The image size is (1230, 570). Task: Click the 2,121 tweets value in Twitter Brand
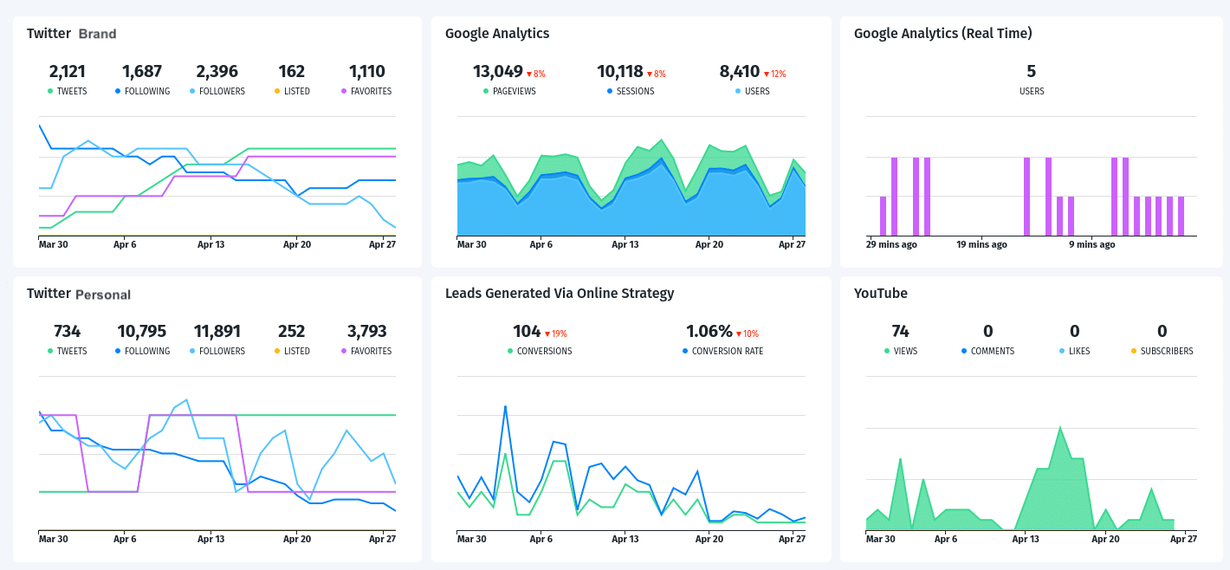tap(67, 71)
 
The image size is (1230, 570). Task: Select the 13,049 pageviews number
tap(498, 71)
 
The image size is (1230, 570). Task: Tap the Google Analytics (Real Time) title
tap(942, 34)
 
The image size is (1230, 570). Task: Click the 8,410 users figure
tap(740, 71)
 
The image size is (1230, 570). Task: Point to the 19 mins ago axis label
tap(981, 244)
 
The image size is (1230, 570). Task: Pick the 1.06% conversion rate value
tap(709, 331)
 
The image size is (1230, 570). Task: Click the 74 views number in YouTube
tap(900, 331)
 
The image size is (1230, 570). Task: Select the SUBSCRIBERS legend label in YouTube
tap(1167, 351)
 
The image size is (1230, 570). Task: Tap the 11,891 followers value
tap(217, 331)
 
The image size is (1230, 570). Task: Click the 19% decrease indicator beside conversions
tap(555, 334)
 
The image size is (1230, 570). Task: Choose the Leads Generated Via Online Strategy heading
tap(559, 294)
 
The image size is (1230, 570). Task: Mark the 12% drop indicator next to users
tap(774, 74)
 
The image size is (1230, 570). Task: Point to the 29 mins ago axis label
tap(891, 244)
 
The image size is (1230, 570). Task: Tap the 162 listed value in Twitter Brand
tap(292, 71)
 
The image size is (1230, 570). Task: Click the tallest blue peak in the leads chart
tap(505, 405)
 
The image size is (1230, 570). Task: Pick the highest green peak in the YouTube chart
tap(1059, 427)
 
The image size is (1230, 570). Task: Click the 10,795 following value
tap(141, 331)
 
